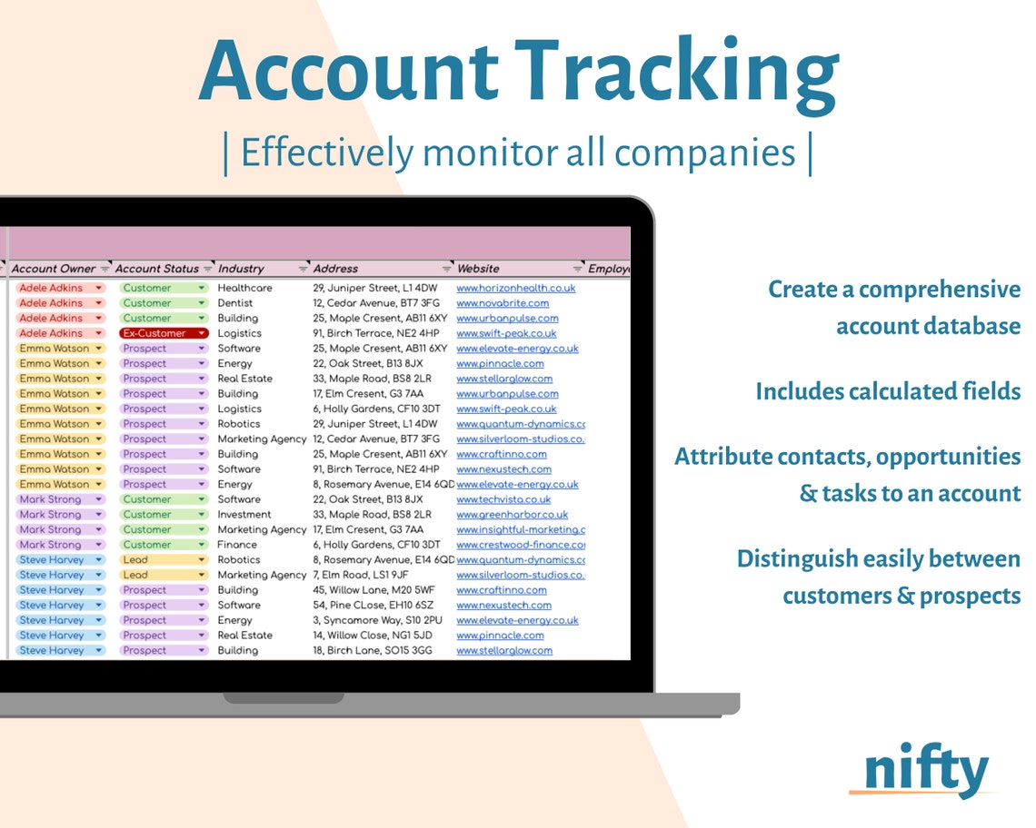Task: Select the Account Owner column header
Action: [54, 269]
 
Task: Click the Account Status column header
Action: [157, 269]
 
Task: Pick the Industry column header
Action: [241, 269]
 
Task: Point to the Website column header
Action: [478, 269]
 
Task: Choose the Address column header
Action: [335, 269]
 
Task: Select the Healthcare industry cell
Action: [244, 288]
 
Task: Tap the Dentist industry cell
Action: [236, 303]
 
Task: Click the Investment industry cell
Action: [244, 515]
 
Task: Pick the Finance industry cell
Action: [237, 545]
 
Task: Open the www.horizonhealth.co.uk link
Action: [515, 288]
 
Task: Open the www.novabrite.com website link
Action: [503, 303]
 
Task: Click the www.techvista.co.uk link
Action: [503, 499]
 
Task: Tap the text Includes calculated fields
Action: [888, 391]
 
